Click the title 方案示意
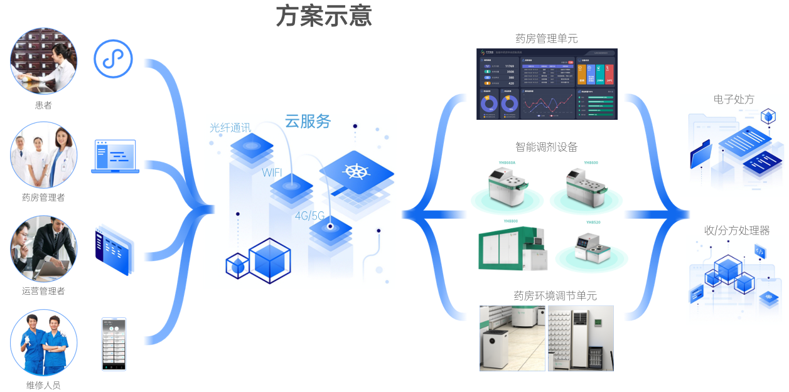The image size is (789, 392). pyautogui.click(x=324, y=17)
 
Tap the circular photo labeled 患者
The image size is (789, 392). pyautogui.click(x=43, y=61)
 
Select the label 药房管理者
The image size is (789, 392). pyautogui.click(x=43, y=198)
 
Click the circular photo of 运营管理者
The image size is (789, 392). pyautogui.click(x=43, y=248)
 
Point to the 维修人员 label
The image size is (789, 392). pyautogui.click(x=43, y=385)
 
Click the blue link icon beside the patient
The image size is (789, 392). pyautogui.click(x=113, y=59)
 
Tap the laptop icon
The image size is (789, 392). pyautogui.click(x=114, y=156)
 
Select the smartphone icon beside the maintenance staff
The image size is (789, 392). pyautogui.click(x=114, y=344)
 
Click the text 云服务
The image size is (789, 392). pyautogui.click(x=308, y=121)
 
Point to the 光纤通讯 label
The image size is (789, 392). pyautogui.click(x=230, y=128)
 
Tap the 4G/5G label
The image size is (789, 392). pyautogui.click(x=310, y=216)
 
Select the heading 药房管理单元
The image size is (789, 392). pyautogui.click(x=546, y=39)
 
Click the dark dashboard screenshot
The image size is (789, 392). pyautogui.click(x=546, y=84)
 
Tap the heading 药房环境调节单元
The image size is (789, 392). pyautogui.click(x=546, y=295)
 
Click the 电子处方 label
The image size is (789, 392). pyautogui.click(x=734, y=99)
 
